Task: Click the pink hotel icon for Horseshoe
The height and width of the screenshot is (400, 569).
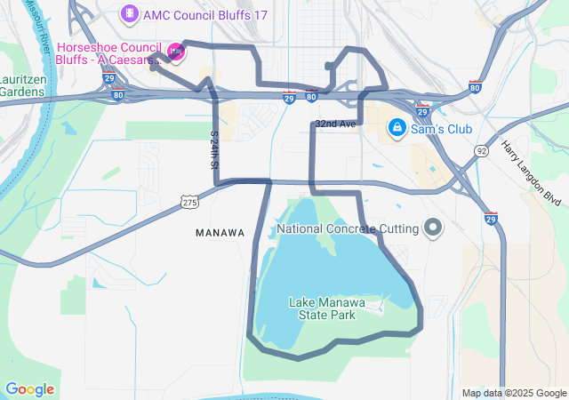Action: [x=175, y=52]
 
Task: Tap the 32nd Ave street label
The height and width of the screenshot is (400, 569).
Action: [x=335, y=124]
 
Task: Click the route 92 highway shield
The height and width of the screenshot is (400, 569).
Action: [x=481, y=152]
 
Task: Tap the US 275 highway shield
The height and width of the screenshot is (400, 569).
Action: [x=189, y=203]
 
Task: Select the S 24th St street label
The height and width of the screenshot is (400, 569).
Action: [x=214, y=152]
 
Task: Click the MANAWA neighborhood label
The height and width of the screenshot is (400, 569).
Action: [x=220, y=233]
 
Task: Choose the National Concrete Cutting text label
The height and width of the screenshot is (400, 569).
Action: [x=348, y=228]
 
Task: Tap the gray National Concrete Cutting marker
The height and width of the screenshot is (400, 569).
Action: [x=433, y=228]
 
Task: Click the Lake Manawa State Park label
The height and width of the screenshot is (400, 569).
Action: [x=322, y=308]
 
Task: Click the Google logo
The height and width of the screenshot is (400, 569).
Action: [x=29, y=389]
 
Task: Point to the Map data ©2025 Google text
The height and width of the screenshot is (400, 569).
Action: [x=514, y=394]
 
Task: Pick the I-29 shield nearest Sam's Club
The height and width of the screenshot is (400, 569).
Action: [x=422, y=111]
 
